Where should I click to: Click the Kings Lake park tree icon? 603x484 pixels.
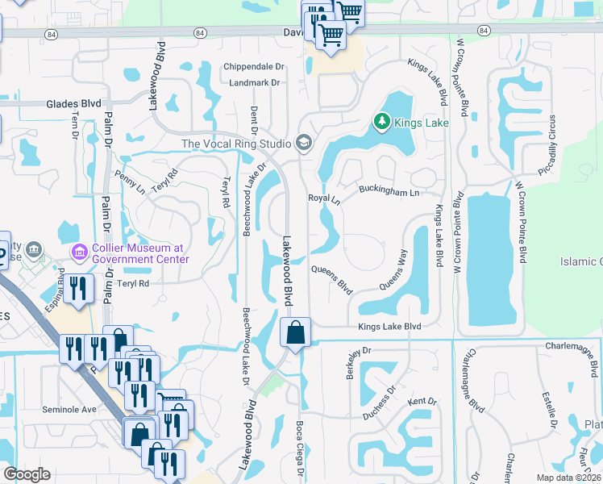[x=381, y=123]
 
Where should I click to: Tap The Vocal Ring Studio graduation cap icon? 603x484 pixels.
[x=303, y=144]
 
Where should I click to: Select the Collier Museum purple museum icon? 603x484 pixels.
[x=79, y=253]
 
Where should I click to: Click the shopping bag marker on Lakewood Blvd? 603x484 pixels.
[x=295, y=332]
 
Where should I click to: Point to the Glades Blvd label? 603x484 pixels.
[x=73, y=103]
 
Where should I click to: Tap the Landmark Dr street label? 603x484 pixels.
[x=254, y=82]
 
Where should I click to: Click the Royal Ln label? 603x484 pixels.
[x=324, y=198]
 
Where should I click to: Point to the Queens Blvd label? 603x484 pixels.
[x=332, y=277]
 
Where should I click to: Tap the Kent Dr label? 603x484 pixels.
[x=422, y=401]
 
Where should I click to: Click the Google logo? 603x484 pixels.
[x=27, y=474]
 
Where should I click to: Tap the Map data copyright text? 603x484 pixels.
[x=567, y=478]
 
